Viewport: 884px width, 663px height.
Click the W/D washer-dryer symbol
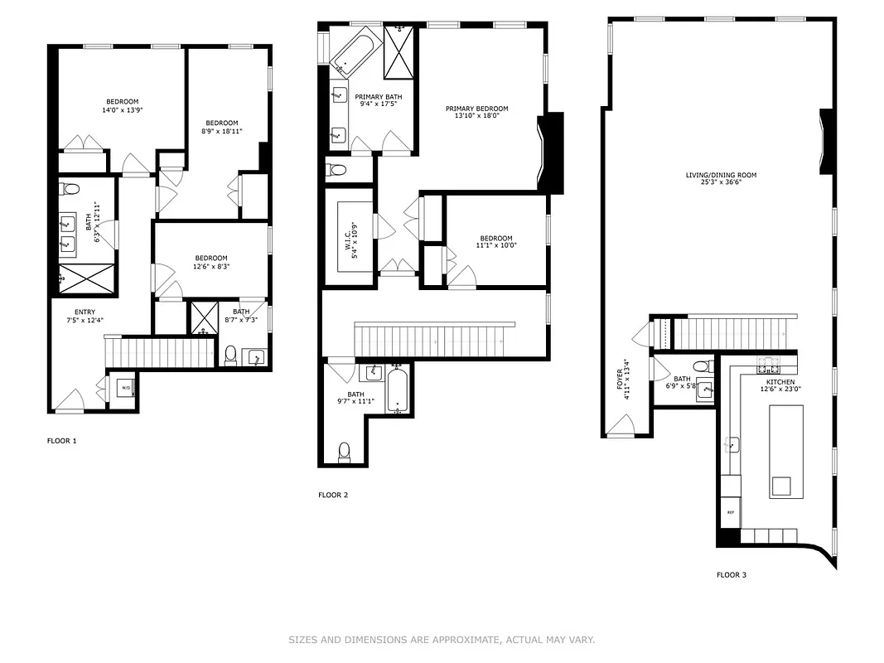(125, 387)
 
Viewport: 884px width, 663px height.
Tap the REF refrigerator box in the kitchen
(730, 513)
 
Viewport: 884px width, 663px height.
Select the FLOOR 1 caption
(61, 441)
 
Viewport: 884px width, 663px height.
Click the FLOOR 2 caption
(333, 495)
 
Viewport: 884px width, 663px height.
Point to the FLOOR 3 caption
(732, 574)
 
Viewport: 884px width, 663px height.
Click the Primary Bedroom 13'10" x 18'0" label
(476, 113)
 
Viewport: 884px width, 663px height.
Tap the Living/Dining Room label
(720, 180)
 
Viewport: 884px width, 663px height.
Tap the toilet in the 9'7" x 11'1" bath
(345, 452)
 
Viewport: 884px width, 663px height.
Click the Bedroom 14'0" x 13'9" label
(121, 105)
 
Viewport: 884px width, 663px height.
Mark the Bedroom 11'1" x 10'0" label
(494, 242)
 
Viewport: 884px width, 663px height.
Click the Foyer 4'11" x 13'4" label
(627, 380)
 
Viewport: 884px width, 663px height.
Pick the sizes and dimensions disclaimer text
(442, 640)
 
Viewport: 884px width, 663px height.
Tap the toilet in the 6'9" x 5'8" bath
(701, 365)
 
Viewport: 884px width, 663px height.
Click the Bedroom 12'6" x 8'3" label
(211, 262)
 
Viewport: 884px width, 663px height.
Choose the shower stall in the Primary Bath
(399, 51)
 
